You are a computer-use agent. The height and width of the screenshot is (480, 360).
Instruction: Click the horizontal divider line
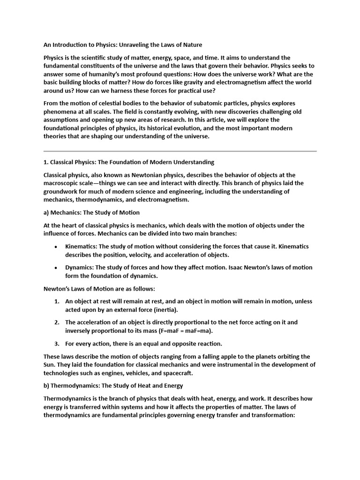(180, 151)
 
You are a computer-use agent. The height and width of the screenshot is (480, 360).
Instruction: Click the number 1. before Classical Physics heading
(46, 162)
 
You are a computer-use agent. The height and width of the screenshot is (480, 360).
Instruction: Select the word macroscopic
(64, 183)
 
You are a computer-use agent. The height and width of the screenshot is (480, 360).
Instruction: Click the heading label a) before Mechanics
(46, 212)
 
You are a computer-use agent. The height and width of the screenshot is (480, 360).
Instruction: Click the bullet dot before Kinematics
(56, 247)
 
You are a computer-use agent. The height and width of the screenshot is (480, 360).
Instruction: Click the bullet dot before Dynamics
(56, 268)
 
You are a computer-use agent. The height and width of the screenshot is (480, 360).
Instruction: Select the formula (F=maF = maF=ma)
(165, 331)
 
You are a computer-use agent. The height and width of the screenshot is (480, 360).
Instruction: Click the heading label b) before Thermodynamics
(46, 386)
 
